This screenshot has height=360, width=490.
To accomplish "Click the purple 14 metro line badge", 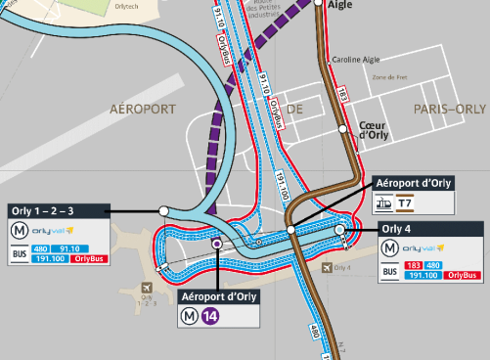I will coord(210,315).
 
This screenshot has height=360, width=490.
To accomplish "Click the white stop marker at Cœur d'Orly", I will coord(343,128).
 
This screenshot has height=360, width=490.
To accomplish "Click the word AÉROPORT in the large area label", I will coord(147,108).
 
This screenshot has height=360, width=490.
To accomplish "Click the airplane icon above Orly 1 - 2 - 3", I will coord(146,289).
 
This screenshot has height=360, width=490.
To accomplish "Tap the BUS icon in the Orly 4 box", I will coord(390,270).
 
